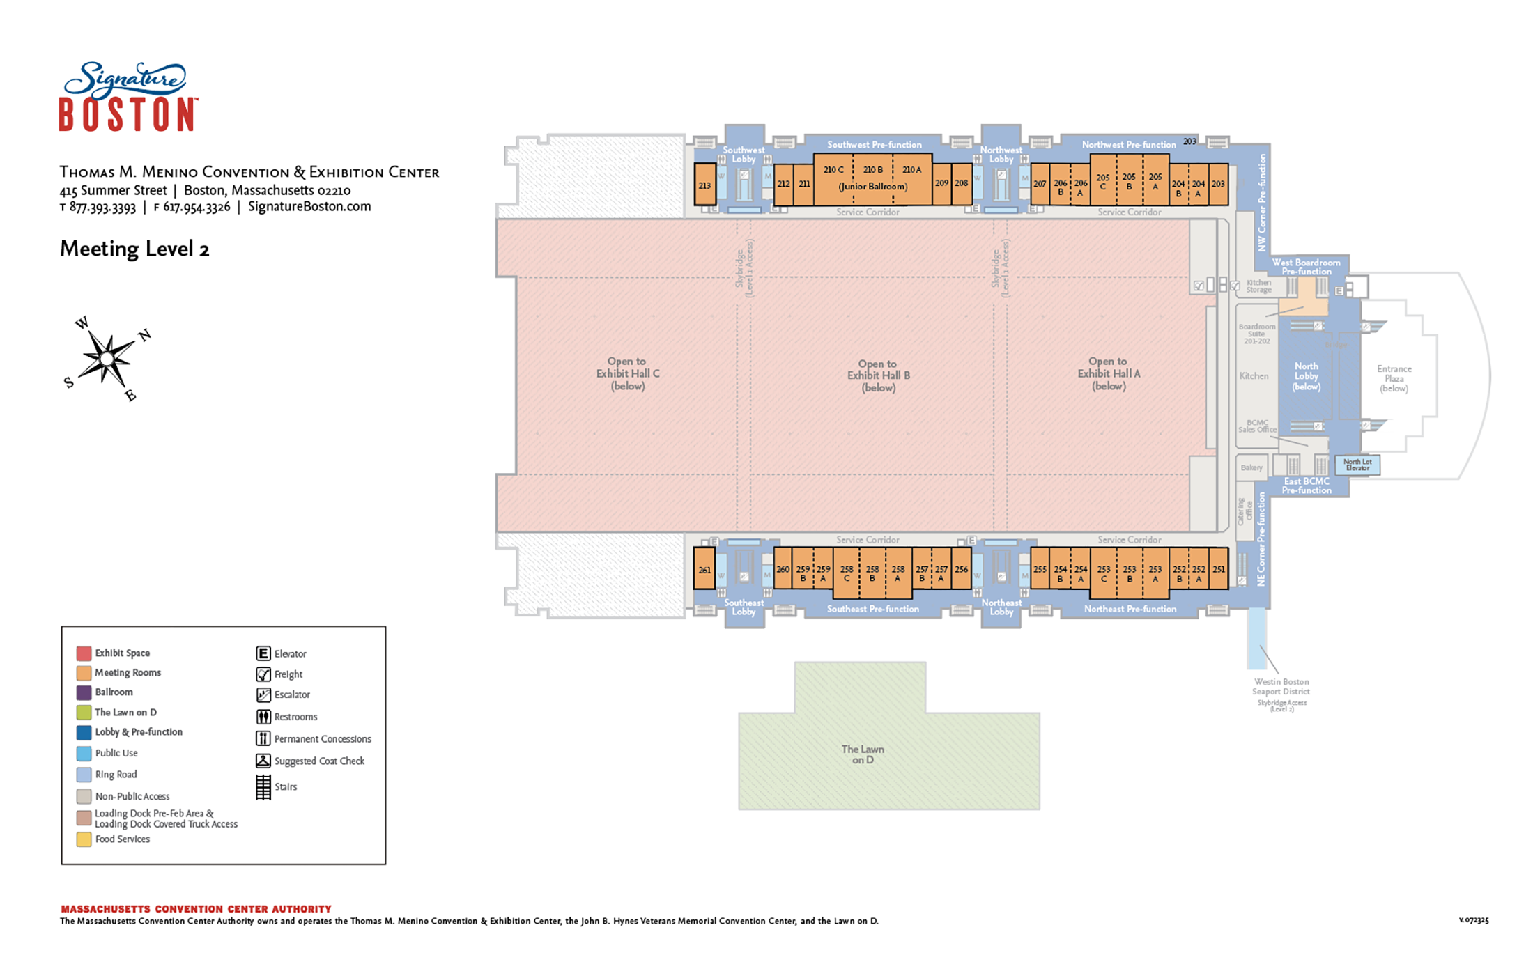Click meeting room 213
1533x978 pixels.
click(704, 185)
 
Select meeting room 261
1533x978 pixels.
click(704, 570)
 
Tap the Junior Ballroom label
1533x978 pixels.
click(872, 187)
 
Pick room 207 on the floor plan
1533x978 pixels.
click(1040, 184)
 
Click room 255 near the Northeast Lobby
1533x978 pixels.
click(1040, 569)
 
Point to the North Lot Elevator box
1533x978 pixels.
click(1357, 465)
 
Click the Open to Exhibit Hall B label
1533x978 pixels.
click(878, 375)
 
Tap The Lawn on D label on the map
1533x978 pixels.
click(863, 754)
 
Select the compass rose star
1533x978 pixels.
click(107, 359)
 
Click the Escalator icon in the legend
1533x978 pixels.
click(263, 694)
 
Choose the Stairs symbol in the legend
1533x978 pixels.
click(263, 787)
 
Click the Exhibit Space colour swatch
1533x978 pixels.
click(84, 653)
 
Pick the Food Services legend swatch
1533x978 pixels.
click(84, 839)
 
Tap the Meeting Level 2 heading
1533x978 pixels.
click(134, 249)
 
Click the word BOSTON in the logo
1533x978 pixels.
click(127, 114)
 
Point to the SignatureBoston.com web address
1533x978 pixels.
click(309, 206)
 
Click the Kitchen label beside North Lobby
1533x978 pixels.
click(1254, 376)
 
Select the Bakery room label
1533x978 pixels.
click(1251, 467)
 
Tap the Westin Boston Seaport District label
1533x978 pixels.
click(1281, 687)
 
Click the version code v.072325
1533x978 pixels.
click(1473, 920)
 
